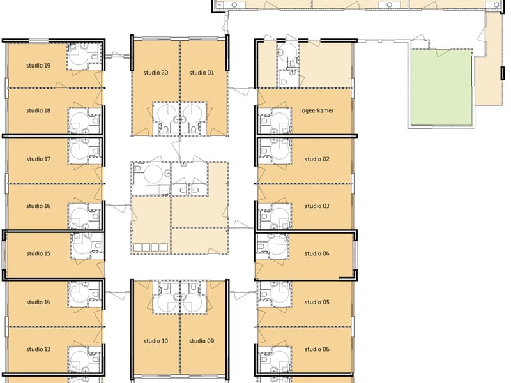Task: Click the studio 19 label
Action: pos(38,65)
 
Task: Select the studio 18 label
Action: pos(38,110)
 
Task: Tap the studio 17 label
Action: pos(38,159)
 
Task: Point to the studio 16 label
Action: pos(38,206)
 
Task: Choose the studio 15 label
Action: pos(38,253)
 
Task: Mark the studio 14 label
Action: pos(38,302)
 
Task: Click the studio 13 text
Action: pos(38,349)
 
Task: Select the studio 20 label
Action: pos(156,73)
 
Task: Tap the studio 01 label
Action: pos(202,73)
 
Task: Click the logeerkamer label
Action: pos(317,110)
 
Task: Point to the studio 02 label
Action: pos(317,159)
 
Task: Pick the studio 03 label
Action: pos(317,206)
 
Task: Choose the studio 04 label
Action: pos(317,253)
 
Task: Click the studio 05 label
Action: pos(317,302)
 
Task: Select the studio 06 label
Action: pos(317,349)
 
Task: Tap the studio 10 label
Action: pos(156,341)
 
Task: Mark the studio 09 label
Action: pos(202,341)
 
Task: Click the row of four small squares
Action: pos(150,246)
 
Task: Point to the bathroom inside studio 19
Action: pos(84,56)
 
